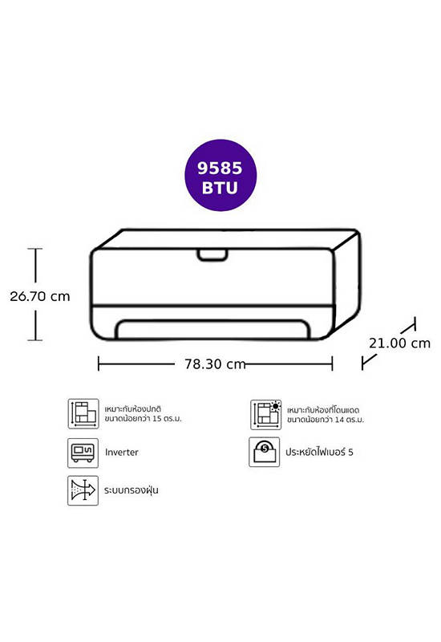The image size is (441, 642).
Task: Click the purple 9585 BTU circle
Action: (x=220, y=176)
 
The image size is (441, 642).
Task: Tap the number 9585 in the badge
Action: (x=220, y=168)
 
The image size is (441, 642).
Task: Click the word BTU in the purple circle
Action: (x=220, y=188)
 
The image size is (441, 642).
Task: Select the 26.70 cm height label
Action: (x=39, y=296)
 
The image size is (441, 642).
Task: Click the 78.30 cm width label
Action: (x=215, y=364)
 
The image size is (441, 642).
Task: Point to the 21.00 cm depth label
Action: (x=399, y=343)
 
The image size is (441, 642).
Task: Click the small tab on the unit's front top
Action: (x=212, y=254)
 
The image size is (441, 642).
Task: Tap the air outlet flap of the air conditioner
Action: (x=212, y=329)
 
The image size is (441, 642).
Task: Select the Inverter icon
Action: (x=83, y=453)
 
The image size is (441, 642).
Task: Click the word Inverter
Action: (x=122, y=453)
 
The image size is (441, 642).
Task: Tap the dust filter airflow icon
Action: (x=83, y=490)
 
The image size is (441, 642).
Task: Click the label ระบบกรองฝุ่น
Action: (x=131, y=490)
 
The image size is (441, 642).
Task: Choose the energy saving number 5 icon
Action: (x=265, y=452)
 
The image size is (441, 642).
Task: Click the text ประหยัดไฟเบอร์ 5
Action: (x=319, y=452)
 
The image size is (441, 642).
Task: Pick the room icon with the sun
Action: (x=266, y=415)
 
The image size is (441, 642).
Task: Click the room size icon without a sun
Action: (x=83, y=413)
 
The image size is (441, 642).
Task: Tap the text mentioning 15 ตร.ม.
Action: (x=143, y=414)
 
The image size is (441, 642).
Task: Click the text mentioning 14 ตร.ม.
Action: (x=326, y=415)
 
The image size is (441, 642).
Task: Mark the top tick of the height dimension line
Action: (x=35, y=249)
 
